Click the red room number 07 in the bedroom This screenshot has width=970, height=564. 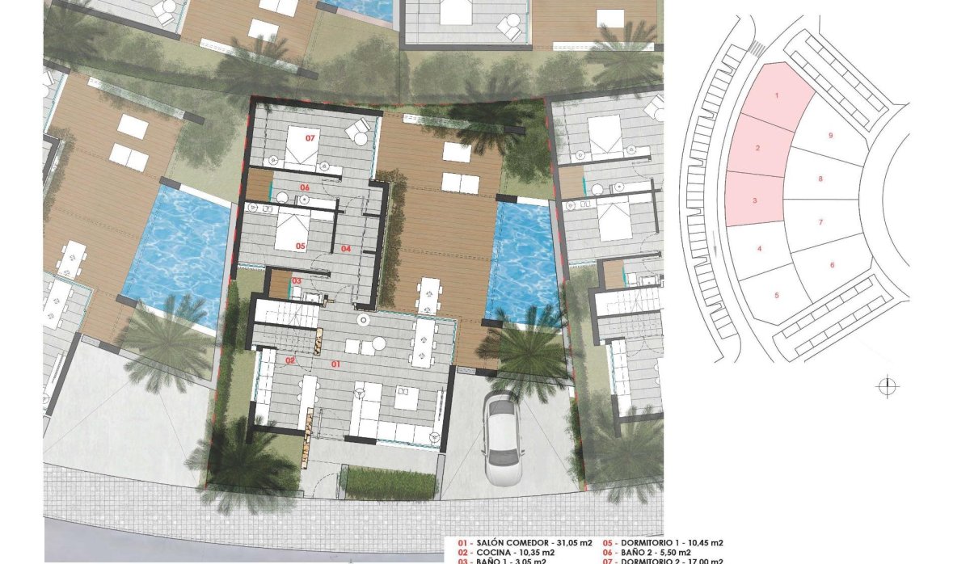(310, 138)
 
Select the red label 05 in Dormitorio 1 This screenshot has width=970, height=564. (299, 246)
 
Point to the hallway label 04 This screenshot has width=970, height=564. (346, 249)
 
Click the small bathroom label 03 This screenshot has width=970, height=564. (297, 280)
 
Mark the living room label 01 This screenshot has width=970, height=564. (336, 365)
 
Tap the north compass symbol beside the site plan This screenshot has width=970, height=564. (887, 387)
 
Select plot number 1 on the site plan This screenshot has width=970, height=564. (777, 96)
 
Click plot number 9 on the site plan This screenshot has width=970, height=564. (830, 136)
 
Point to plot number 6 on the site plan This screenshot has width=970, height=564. (832, 265)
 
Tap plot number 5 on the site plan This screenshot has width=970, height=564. (776, 295)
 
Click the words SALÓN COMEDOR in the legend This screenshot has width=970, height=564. (509, 542)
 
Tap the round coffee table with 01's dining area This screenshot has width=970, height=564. (365, 321)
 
